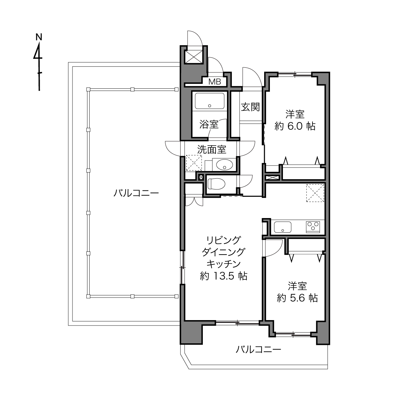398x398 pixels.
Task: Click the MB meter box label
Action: coord(215,82)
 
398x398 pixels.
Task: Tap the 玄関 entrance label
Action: coord(250,107)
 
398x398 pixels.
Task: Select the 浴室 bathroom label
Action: coord(209,125)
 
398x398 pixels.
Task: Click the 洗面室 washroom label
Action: coord(212,149)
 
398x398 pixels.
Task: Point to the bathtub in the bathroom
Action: coord(209,101)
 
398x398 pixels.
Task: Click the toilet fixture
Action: coord(216,184)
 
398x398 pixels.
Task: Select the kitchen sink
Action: coord(283,227)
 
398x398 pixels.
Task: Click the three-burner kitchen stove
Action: coord(313,227)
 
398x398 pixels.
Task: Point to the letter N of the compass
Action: coord(39,37)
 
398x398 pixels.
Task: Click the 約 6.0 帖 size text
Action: coord(295,126)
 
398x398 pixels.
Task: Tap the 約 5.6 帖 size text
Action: coord(297,298)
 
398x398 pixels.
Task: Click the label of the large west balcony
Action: coord(136,193)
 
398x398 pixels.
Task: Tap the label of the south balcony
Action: coord(258,349)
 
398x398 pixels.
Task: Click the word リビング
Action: coord(224,240)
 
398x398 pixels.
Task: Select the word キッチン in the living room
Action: coord(224,264)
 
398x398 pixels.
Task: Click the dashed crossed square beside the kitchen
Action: coord(315,193)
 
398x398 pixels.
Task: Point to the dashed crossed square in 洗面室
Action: coord(194,163)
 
